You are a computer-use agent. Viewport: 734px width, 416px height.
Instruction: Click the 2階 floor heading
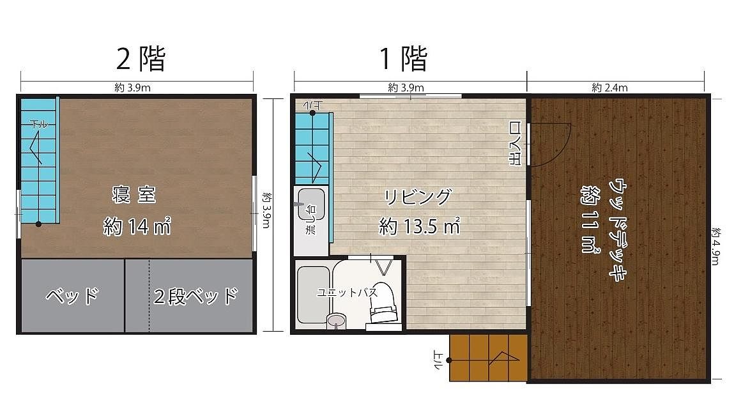[141, 59]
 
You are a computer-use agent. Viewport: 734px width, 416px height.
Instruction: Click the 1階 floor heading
[404, 59]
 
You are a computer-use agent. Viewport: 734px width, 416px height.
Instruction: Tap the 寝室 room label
[134, 194]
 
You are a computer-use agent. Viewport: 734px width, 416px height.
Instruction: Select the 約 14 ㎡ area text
[137, 227]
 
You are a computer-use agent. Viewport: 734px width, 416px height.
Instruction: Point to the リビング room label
[418, 197]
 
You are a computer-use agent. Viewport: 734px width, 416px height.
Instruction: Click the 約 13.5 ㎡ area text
[420, 227]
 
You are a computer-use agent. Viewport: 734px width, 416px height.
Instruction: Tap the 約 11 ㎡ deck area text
[591, 219]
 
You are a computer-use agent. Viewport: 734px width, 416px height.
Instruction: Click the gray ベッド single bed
[73, 296]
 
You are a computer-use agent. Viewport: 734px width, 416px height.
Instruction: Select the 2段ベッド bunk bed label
[195, 296]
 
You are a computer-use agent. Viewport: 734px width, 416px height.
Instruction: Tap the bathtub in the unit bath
[314, 295]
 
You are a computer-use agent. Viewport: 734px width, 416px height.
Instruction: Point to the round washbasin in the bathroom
[336, 320]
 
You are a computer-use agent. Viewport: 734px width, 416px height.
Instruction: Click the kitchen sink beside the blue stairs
[311, 204]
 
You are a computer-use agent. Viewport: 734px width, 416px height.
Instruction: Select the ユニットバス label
[347, 293]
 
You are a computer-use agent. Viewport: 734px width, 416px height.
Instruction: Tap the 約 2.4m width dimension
[609, 88]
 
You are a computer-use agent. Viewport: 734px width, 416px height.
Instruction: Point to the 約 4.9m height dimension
[715, 247]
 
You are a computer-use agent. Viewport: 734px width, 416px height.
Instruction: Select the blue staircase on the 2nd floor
[40, 160]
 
